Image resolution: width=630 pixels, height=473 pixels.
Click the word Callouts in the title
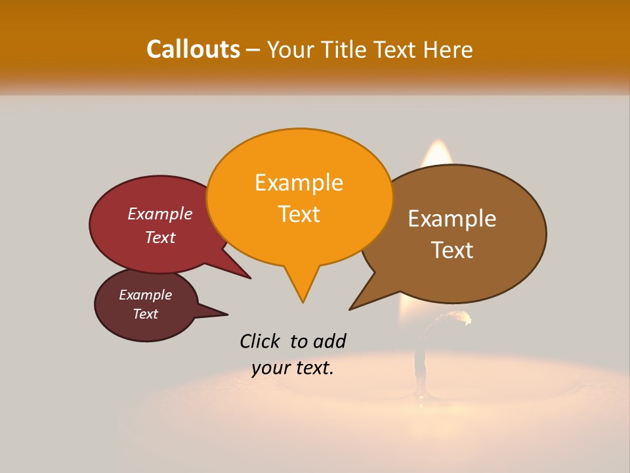tap(193, 49)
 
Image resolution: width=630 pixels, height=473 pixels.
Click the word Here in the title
tap(448, 49)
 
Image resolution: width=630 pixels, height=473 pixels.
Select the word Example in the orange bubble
tap(299, 183)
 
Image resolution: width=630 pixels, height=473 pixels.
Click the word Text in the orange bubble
tap(299, 214)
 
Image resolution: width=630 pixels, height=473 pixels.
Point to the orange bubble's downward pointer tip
tap(303, 302)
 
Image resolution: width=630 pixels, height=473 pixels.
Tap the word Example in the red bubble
tap(159, 214)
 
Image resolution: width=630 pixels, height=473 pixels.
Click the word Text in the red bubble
tap(159, 237)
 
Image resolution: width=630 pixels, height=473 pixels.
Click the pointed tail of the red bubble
tap(249, 277)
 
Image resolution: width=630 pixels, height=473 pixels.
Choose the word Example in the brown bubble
tap(452, 219)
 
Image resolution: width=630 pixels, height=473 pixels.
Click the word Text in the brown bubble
tap(452, 250)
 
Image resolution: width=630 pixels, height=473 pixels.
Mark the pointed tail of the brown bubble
tap(350, 309)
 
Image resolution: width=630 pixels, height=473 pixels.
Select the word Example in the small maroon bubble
tap(145, 295)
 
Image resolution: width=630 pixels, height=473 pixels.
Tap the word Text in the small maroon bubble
tap(145, 314)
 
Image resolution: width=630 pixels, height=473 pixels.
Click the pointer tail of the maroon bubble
tap(226, 313)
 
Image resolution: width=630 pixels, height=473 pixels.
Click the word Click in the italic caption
tap(260, 341)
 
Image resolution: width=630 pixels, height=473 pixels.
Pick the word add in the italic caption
tap(329, 341)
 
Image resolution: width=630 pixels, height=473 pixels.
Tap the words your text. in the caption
tap(293, 368)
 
